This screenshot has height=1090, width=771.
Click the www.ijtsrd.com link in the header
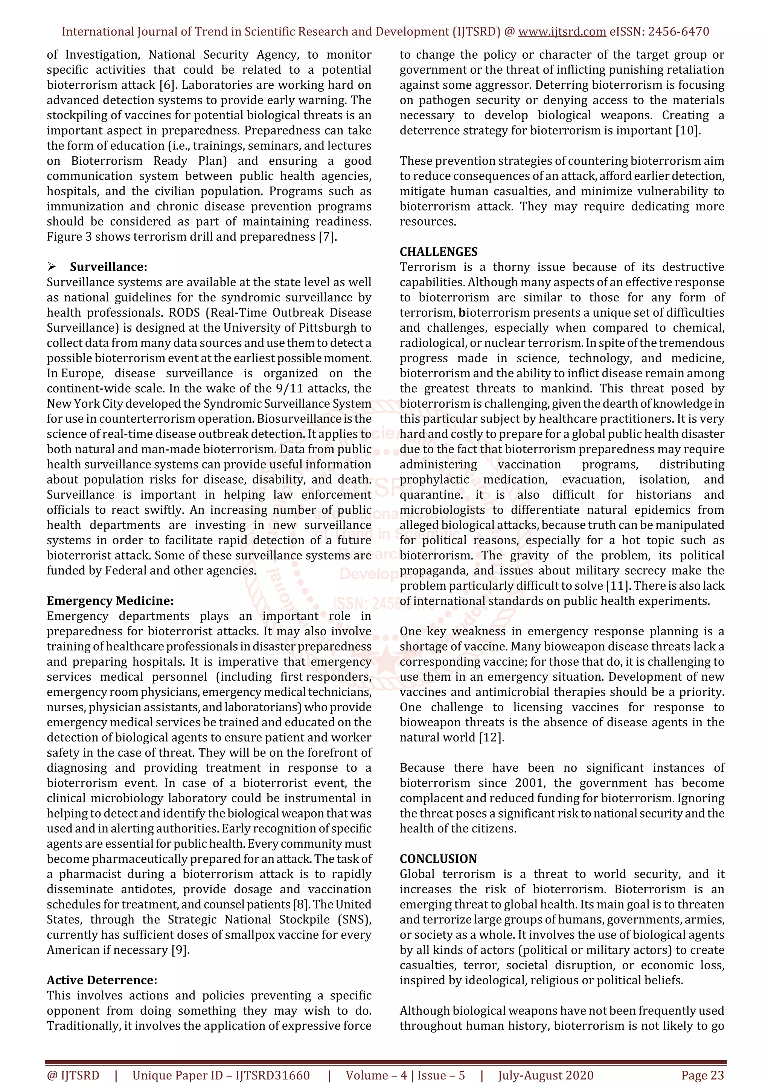pyautogui.click(x=562, y=32)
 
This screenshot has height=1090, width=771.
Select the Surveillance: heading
pyautogui.click(x=108, y=267)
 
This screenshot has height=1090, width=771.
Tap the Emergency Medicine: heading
pyautogui.click(x=110, y=601)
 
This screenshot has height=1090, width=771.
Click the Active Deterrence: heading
pyautogui.click(x=102, y=980)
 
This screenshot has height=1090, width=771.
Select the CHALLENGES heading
pyautogui.click(x=439, y=252)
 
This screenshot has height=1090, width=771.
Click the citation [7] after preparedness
pyautogui.click(x=327, y=237)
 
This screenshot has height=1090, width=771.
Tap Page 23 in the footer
pyautogui.click(x=702, y=1075)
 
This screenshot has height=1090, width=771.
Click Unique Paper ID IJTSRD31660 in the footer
pyautogui.click(x=221, y=1075)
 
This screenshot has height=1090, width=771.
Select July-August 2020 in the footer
pyautogui.click(x=546, y=1075)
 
